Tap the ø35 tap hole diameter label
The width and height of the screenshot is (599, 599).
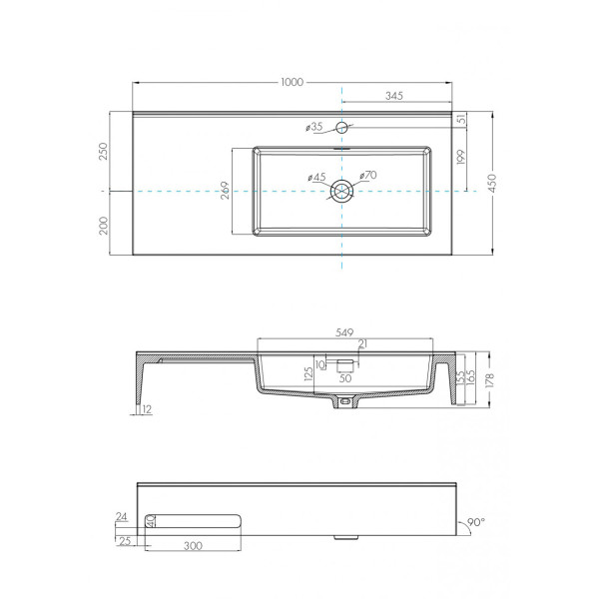click(x=314, y=127)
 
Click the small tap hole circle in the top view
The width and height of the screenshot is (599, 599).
click(x=341, y=127)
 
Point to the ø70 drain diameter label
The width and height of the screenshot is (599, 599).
click(x=366, y=177)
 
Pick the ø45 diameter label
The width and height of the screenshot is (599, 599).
click(x=316, y=178)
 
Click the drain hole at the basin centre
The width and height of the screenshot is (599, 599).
click(x=342, y=190)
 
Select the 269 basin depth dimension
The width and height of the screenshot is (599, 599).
click(x=226, y=191)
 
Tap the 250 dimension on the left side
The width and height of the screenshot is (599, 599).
click(x=103, y=151)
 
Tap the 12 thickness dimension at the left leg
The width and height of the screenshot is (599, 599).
click(x=147, y=409)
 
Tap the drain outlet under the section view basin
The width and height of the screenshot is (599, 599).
click(x=345, y=402)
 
